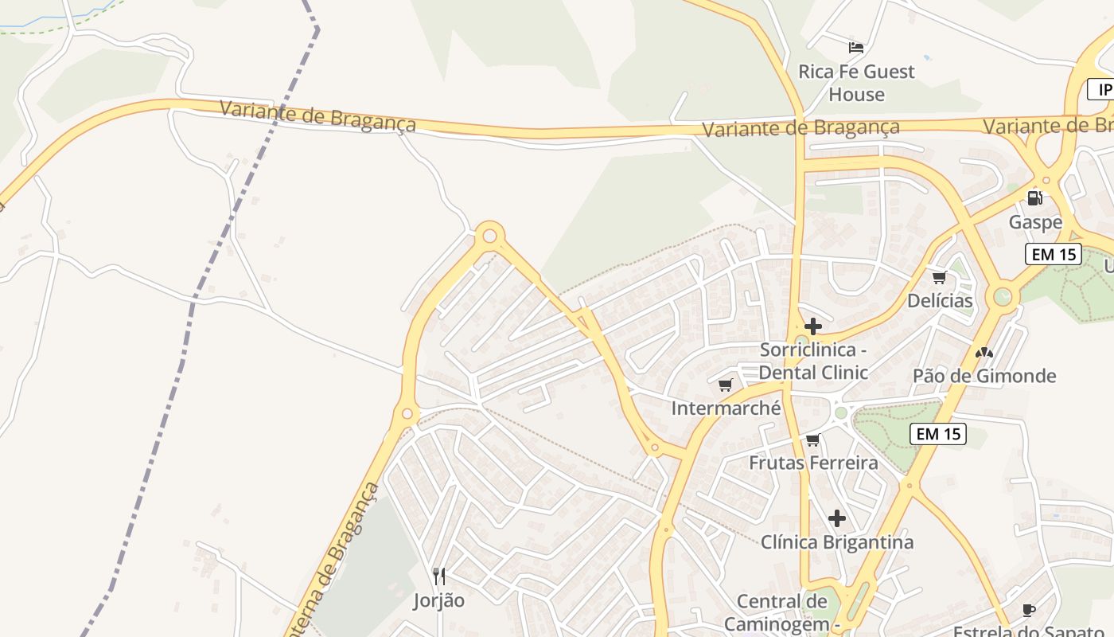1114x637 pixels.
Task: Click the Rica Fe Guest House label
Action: click(x=856, y=83)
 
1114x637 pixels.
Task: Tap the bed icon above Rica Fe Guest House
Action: click(x=856, y=48)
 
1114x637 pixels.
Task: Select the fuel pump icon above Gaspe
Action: click(x=1034, y=197)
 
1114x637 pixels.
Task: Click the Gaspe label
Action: click(x=1035, y=222)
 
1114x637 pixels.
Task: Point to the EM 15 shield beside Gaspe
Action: click(x=1053, y=255)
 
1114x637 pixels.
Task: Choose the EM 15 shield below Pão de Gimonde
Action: click(x=938, y=434)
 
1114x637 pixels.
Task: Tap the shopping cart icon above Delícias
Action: click(x=940, y=277)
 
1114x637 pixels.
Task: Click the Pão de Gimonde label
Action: click(x=984, y=376)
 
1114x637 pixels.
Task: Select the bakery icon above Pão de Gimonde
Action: click(x=984, y=352)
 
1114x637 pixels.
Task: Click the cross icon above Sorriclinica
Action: click(x=812, y=326)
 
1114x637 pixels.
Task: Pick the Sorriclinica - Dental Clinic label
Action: click(x=813, y=361)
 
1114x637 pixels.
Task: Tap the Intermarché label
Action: click(x=726, y=408)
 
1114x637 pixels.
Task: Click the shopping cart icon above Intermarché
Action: click(x=725, y=385)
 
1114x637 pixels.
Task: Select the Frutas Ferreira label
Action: click(x=813, y=463)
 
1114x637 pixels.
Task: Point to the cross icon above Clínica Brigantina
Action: click(x=836, y=518)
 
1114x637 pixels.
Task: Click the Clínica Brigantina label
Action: click(x=836, y=542)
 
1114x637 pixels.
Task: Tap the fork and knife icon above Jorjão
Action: click(x=438, y=576)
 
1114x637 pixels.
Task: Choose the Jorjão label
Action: click(x=438, y=600)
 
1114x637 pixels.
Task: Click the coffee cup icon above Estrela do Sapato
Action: click(x=1028, y=611)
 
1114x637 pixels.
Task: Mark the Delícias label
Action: click(x=940, y=301)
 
